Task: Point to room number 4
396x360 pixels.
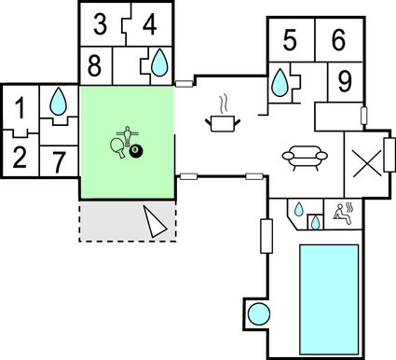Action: [148, 23]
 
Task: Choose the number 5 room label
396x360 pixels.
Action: [290, 40]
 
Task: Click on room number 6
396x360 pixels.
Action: [338, 40]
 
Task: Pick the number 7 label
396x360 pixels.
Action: [59, 160]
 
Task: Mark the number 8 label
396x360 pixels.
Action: [95, 65]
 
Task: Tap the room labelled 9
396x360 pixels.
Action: [344, 81]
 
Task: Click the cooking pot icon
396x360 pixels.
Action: [223, 121]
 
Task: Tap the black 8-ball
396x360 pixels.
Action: [136, 149]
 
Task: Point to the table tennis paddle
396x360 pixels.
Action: [117, 147]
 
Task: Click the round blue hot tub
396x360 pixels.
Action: [257, 314]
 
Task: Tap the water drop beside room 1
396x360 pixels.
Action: [59, 99]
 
